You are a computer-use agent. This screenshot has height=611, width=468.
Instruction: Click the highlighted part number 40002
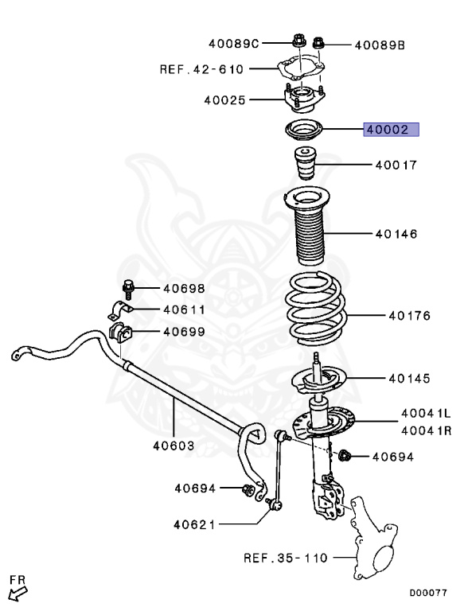(x=391, y=130)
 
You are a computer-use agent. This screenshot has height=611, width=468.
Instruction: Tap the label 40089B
(x=380, y=45)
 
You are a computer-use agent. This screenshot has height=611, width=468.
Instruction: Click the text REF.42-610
(x=202, y=69)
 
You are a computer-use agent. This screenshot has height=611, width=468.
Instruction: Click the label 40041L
(x=426, y=414)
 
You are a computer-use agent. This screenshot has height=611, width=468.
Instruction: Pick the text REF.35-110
(x=286, y=558)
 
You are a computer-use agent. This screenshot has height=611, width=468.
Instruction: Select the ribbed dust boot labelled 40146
(x=306, y=231)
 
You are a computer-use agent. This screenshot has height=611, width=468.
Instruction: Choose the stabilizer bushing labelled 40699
(x=118, y=330)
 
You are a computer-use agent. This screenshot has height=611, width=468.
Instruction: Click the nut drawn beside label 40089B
(x=318, y=45)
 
